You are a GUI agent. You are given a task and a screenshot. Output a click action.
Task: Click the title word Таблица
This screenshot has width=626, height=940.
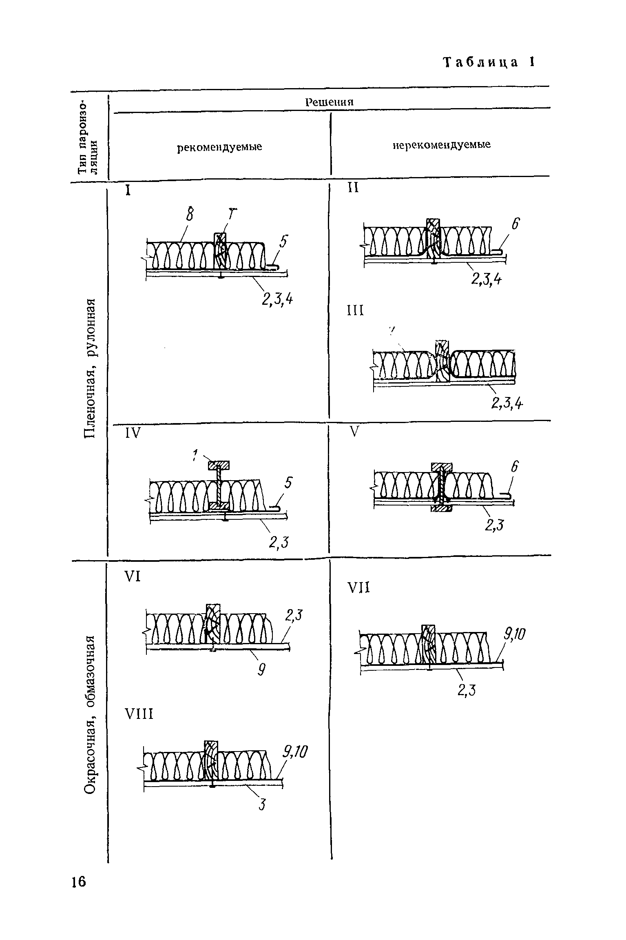(x=481, y=62)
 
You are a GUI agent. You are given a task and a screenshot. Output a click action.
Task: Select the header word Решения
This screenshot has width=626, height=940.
(x=330, y=102)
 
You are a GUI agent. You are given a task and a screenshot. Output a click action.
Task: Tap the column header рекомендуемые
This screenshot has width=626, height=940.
(x=219, y=147)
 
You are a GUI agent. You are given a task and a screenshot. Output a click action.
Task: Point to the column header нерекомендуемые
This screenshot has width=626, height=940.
(x=442, y=145)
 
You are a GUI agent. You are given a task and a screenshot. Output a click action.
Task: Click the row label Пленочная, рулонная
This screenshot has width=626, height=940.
(x=90, y=368)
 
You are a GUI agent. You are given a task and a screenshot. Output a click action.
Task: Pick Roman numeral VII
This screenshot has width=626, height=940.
(x=358, y=588)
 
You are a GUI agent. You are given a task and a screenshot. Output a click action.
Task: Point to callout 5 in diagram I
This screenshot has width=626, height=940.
(x=283, y=243)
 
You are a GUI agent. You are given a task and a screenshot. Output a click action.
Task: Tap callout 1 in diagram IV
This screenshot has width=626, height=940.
(x=195, y=454)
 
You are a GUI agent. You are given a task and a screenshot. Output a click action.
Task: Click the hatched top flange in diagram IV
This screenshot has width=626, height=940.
(x=219, y=465)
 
